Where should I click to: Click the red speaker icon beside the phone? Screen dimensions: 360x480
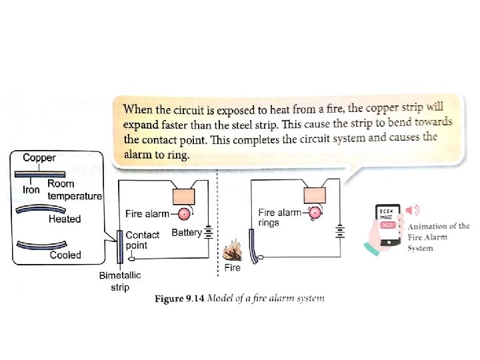[x=413, y=211]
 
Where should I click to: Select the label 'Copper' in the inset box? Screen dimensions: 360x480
[x=39, y=158]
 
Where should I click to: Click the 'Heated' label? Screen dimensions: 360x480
[x=65, y=219]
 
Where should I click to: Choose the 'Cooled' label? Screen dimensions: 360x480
[x=65, y=255]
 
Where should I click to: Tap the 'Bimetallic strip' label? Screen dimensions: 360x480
[x=119, y=281]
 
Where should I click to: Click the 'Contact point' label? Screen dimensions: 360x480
[x=143, y=240]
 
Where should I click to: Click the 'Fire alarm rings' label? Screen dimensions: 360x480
[x=279, y=217]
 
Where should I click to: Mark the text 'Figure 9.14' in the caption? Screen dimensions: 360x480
[x=179, y=299]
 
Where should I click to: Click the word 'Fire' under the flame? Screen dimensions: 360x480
[x=232, y=268]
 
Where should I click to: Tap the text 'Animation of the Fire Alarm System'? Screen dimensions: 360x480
[x=438, y=237]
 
